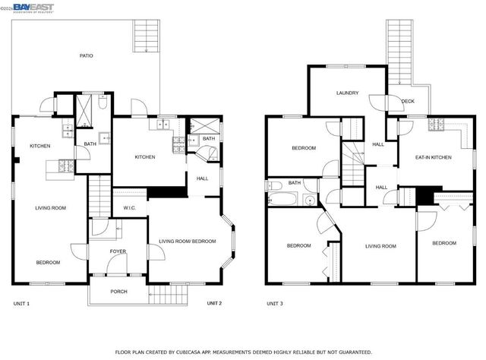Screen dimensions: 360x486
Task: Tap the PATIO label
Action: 87,55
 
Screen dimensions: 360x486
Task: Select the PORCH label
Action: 119,292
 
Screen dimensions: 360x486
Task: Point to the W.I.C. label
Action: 128,208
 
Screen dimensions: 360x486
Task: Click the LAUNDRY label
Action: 347,93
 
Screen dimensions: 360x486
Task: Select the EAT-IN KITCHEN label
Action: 433,157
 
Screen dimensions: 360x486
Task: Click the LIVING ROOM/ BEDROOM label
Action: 187,242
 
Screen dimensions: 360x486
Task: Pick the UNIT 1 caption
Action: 21,304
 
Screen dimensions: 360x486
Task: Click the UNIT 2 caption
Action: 214,304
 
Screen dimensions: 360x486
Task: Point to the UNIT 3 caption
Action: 274,304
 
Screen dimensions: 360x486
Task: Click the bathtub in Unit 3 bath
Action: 282,200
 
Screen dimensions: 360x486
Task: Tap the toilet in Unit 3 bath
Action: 309,200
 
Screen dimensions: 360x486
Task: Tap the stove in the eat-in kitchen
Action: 436,125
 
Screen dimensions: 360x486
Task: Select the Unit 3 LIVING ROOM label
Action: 380,246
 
